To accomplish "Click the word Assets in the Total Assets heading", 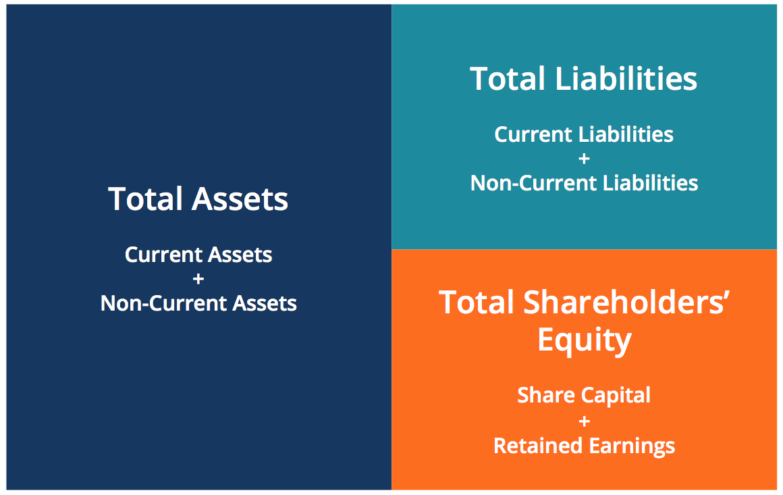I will [240, 199].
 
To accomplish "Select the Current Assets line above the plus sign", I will [198, 255].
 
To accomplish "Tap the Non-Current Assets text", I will [198, 303].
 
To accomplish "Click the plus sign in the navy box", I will [198, 279].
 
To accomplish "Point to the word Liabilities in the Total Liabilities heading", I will [626, 78].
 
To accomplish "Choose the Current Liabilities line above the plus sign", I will [584, 134].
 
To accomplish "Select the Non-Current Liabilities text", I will [584, 183].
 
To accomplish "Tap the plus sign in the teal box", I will [584, 159].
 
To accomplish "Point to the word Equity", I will [584, 340].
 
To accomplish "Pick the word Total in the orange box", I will [477, 302].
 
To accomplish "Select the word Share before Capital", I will [540, 395].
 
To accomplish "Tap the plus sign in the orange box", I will [584, 421].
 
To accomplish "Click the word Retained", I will [535, 446].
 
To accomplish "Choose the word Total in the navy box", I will [146, 199].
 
